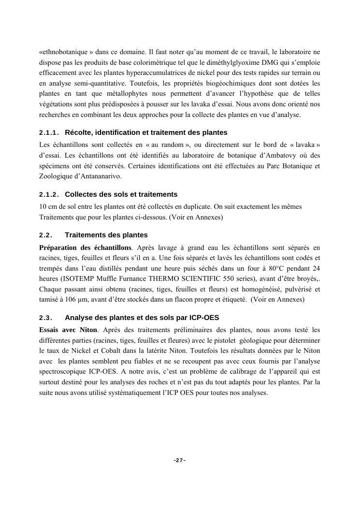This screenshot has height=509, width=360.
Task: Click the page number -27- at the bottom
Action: (x=180, y=460)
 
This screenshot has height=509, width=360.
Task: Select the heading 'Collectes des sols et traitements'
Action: (x=121, y=194)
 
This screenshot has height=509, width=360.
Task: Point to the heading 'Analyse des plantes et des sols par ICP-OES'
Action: (x=142, y=318)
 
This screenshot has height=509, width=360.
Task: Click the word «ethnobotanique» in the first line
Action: (x=59, y=51)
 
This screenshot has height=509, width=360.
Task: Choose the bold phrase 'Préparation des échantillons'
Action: (x=85, y=247)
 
